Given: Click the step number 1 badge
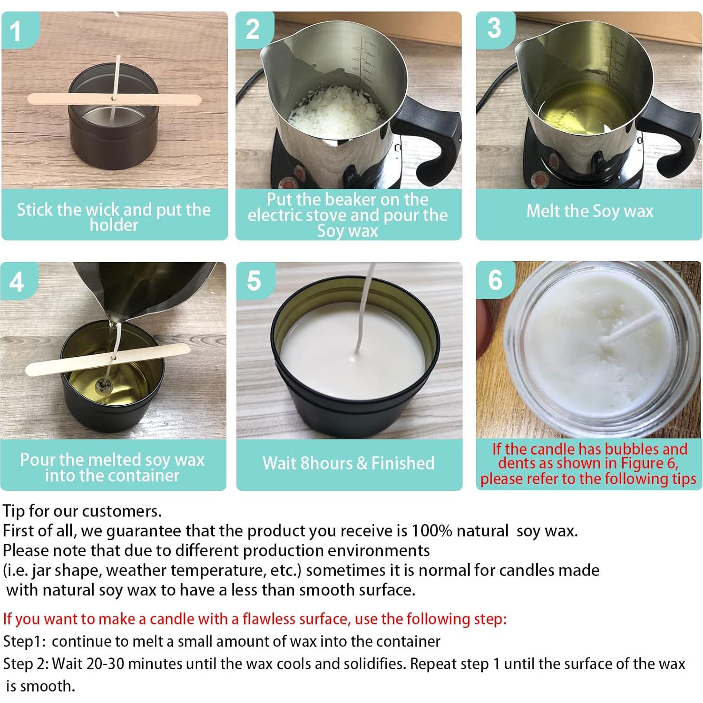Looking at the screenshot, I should [16, 31].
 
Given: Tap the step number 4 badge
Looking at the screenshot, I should [17, 282].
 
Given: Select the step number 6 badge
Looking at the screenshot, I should [495, 280].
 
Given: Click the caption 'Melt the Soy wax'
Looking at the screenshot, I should [589, 211].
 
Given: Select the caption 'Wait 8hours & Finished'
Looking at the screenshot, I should [348, 463].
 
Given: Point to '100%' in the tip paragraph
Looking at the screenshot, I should [431, 531].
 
